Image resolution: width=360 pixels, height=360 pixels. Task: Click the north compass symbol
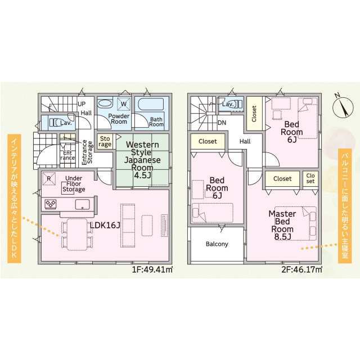click(343, 106)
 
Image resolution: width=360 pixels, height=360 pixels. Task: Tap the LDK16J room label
click(105, 226)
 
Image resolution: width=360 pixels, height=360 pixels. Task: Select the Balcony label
click(217, 244)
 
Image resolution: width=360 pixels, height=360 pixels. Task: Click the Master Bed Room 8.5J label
click(282, 225)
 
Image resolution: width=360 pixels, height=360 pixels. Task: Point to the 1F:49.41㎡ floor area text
click(152, 269)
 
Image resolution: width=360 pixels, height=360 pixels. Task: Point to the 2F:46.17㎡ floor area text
click(301, 269)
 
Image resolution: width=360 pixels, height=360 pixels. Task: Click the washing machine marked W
click(124, 104)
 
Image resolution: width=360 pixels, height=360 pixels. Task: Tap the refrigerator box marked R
click(49, 178)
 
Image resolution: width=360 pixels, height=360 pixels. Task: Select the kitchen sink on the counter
click(83, 204)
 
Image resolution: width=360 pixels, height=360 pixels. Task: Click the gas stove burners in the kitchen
click(51, 204)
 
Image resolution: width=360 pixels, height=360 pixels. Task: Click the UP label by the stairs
click(82, 104)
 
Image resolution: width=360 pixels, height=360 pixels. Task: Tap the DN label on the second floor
click(222, 123)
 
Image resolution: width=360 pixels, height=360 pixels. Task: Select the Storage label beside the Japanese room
click(105, 141)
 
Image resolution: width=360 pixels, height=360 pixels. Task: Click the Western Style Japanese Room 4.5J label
click(142, 160)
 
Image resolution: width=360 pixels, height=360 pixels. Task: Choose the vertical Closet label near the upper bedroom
click(254, 114)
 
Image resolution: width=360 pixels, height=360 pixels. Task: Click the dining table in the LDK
click(77, 235)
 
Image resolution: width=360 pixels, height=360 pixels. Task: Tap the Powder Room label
click(119, 119)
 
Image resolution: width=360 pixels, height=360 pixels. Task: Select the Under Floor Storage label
click(74, 184)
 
